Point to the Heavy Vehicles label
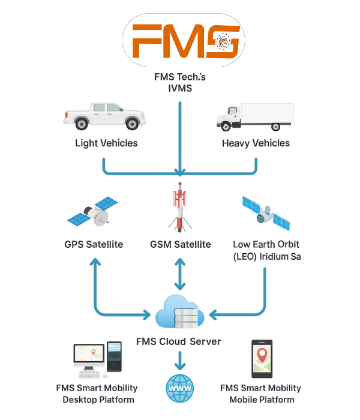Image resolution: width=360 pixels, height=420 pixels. click(256, 143)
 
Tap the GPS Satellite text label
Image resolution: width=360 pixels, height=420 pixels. click(94, 244)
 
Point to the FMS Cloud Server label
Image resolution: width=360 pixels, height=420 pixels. click(178, 341)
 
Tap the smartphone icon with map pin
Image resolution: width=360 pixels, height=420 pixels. click(261, 359)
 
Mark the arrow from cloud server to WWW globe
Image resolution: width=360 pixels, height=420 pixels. click(179, 361)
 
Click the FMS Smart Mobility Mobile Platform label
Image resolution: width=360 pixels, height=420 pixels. click(261, 394)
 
